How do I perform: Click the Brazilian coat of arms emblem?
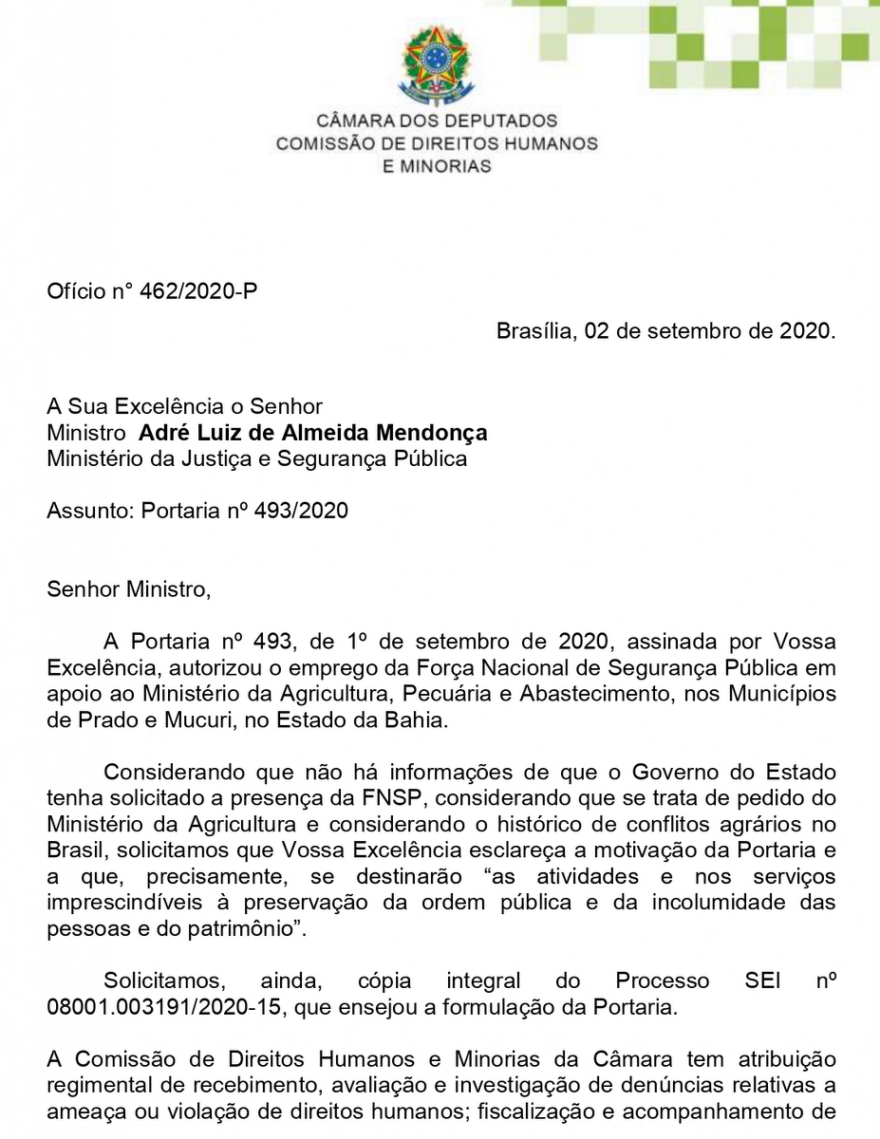[x=436, y=65]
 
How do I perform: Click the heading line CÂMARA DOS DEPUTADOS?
[x=437, y=121]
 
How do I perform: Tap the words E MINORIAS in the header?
[x=437, y=166]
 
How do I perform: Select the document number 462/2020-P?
[x=198, y=291]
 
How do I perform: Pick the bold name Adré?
[x=161, y=434]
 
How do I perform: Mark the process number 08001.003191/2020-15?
[x=165, y=1007]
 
